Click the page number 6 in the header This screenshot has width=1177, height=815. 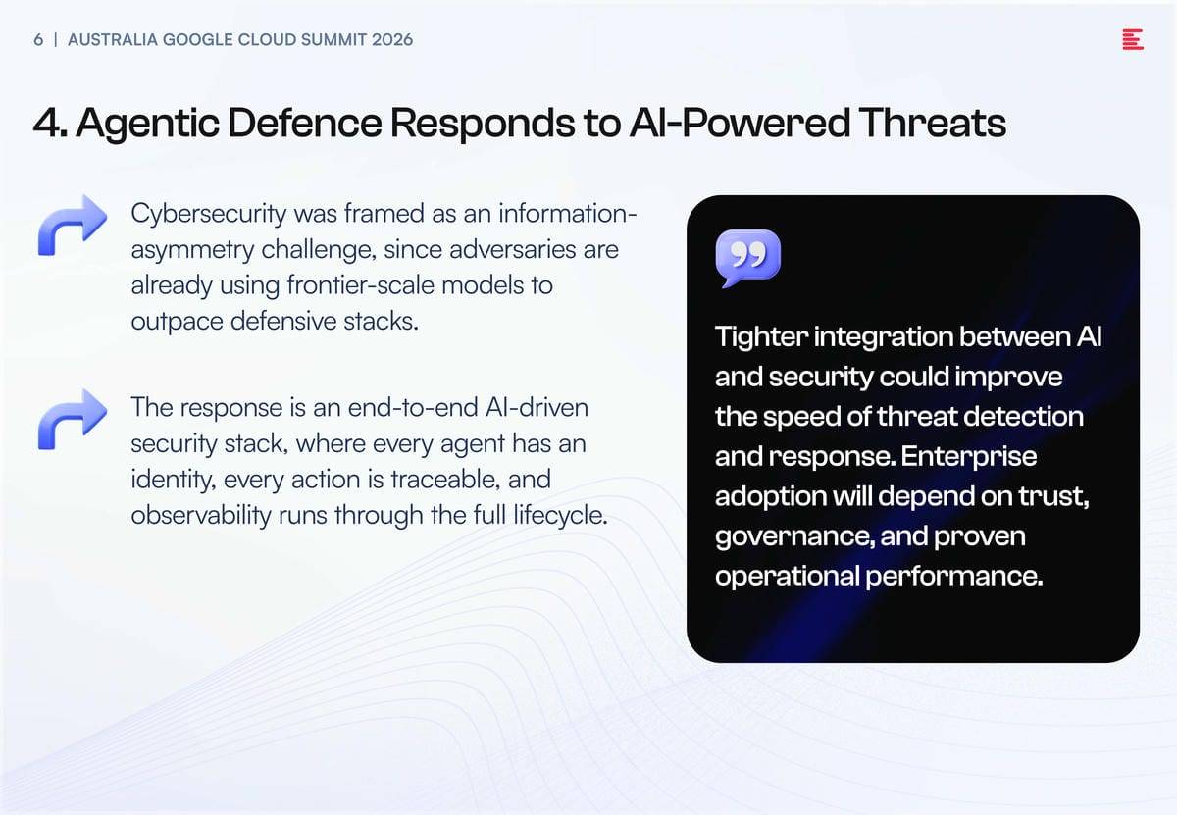pyautogui.click(x=38, y=40)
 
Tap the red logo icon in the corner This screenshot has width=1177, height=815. pyautogui.click(x=1132, y=39)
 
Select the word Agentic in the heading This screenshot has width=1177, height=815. pyautogui.click(x=148, y=124)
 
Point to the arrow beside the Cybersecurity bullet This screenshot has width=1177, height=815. pyautogui.click(x=73, y=225)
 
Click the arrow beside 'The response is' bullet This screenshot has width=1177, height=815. pyautogui.click(x=73, y=420)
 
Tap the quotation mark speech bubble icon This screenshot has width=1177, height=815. pyautogui.click(x=747, y=258)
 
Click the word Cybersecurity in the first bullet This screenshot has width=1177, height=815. pyautogui.click(x=209, y=215)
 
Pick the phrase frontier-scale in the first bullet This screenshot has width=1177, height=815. pyautogui.click(x=361, y=285)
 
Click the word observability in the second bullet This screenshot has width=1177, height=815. pyautogui.click(x=201, y=515)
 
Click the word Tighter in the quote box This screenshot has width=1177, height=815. pyautogui.click(x=761, y=336)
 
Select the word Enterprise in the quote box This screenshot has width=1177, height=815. pyautogui.click(x=969, y=457)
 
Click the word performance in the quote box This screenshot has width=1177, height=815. pyautogui.click(x=953, y=577)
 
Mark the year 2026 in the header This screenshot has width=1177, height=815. pyautogui.click(x=392, y=40)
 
